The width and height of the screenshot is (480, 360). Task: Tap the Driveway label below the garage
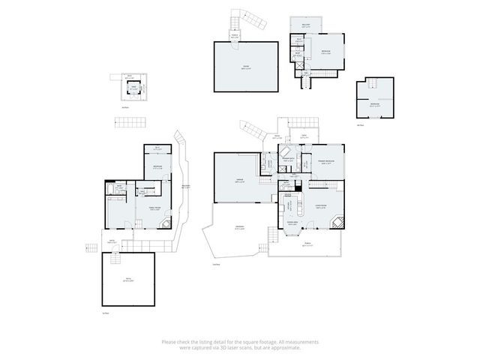(239, 229)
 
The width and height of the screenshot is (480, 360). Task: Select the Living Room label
(320, 208)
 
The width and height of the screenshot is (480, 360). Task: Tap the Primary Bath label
(287, 160)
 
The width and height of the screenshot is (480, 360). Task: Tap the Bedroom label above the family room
(157, 166)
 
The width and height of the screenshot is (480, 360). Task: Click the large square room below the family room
(128, 279)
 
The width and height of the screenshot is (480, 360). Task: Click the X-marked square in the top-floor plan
(301, 65)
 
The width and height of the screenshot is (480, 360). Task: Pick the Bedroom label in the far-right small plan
(374, 105)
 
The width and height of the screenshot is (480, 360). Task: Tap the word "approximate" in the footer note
(289, 347)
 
